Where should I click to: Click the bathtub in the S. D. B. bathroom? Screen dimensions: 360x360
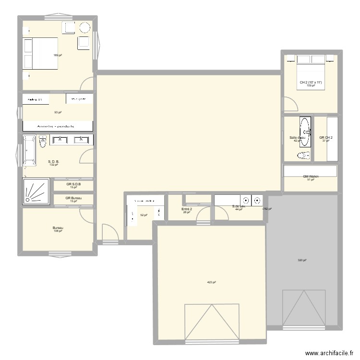[x=29, y=151]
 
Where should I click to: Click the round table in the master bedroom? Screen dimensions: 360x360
[x=85, y=27]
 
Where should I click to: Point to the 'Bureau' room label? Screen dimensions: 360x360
[x=58, y=228]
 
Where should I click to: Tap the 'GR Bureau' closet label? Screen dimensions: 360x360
[x=73, y=198]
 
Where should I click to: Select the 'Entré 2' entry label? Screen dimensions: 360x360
[x=187, y=209]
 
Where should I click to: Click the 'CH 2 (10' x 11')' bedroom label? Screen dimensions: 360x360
[x=311, y=83]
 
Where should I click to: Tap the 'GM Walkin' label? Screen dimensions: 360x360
[x=311, y=176]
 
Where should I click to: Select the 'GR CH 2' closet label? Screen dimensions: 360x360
[x=326, y=138]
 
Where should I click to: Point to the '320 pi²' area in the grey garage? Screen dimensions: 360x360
[x=302, y=260]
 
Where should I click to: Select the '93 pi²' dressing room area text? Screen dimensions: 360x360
[x=58, y=112]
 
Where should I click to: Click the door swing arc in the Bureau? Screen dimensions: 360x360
[x=87, y=216]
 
